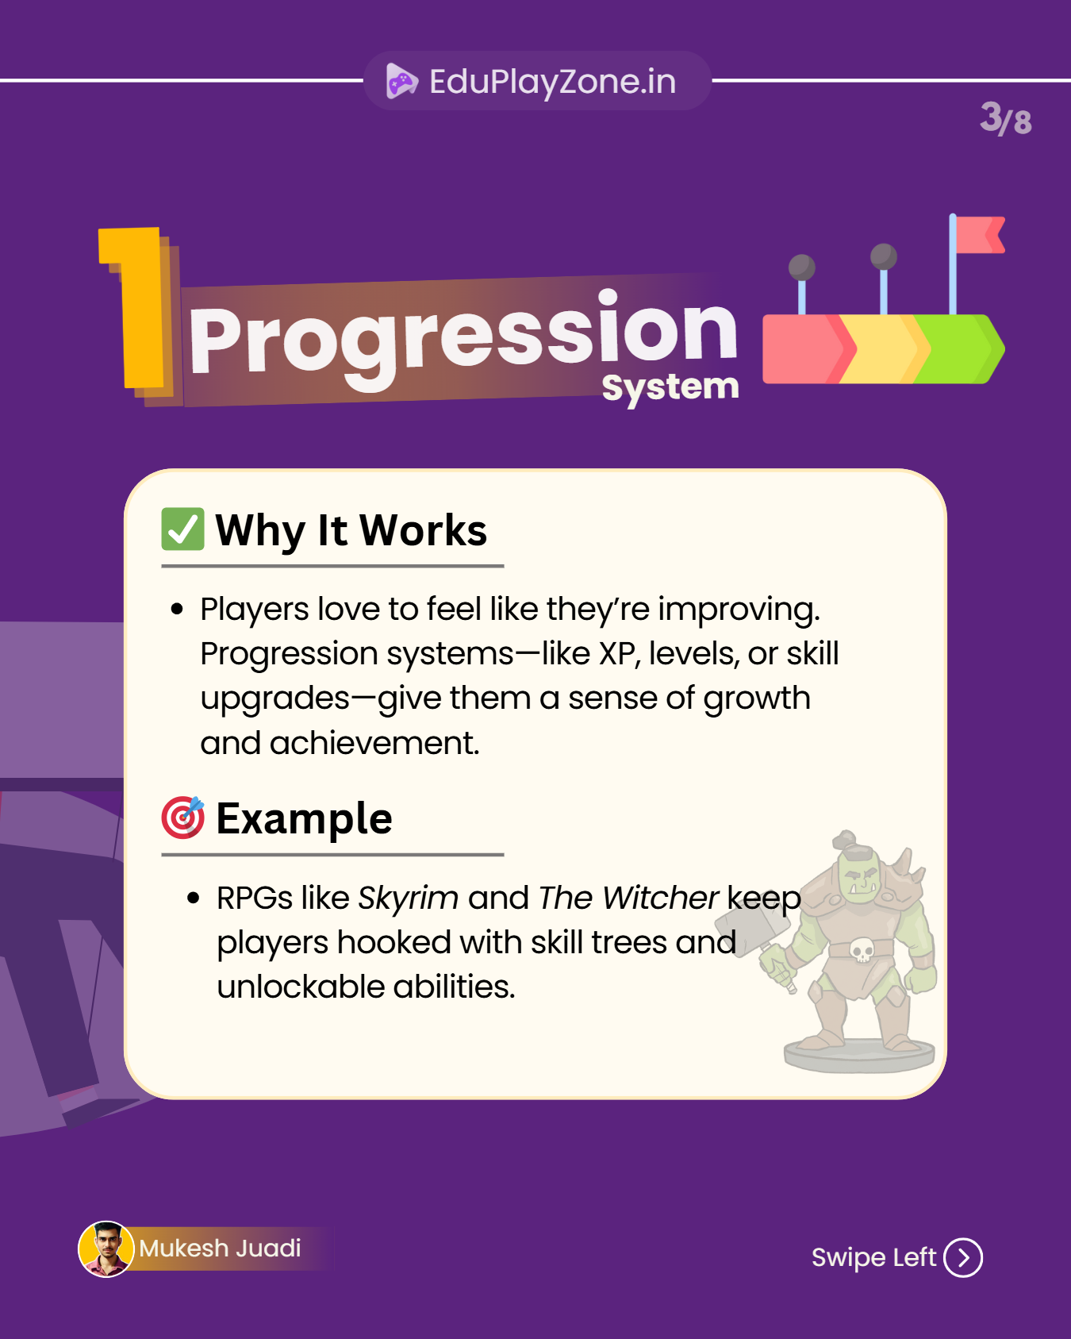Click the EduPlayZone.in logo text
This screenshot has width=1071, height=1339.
pyautogui.click(x=552, y=81)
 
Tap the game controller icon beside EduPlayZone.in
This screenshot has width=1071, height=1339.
pyautogui.click(x=401, y=81)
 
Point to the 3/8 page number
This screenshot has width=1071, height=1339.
pyautogui.click(x=1005, y=119)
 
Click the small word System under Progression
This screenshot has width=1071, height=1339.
pyautogui.click(x=670, y=388)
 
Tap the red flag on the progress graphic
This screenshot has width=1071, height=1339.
pyautogui.click(x=980, y=235)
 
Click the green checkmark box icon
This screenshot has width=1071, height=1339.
pyautogui.click(x=183, y=529)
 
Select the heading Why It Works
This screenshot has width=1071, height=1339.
pyautogui.click(x=351, y=530)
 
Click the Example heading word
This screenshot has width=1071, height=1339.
pyautogui.click(x=304, y=818)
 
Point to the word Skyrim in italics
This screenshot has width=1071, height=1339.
pyautogui.click(x=408, y=898)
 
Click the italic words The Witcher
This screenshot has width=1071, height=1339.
pyautogui.click(x=628, y=898)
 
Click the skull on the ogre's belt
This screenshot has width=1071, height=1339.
pyautogui.click(x=862, y=949)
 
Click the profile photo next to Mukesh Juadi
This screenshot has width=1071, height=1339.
pyautogui.click(x=106, y=1249)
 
